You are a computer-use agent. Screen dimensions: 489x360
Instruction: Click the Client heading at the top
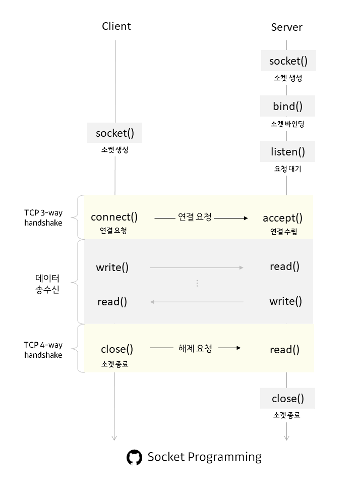point(116,26)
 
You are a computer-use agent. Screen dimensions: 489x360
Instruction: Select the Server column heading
point(286,27)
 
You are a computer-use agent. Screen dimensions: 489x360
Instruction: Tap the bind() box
point(287,106)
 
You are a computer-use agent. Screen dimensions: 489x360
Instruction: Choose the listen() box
point(287,151)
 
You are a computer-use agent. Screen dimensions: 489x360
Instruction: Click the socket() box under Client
point(115,133)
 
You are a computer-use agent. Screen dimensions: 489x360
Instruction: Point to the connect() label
point(114,217)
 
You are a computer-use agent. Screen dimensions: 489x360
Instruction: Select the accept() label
point(282,218)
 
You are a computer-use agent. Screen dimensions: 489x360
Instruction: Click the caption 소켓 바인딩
point(287,124)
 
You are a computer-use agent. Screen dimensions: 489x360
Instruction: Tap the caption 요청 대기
point(287,169)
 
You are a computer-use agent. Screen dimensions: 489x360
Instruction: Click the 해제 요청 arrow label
point(195,348)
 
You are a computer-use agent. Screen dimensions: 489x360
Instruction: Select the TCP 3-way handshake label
point(43,217)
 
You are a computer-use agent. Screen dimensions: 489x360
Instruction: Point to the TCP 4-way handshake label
point(43,350)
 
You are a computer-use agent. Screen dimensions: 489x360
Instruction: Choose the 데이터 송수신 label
point(47,284)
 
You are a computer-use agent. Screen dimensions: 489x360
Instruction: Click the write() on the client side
point(112,267)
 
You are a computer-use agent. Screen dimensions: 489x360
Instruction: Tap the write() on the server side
point(285,301)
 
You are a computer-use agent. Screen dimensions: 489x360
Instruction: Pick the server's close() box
point(288,399)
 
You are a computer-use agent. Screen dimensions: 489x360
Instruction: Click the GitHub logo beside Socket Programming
point(134,458)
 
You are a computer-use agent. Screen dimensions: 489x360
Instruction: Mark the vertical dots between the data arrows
point(197,284)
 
